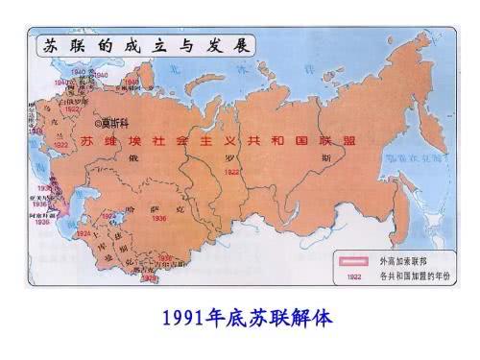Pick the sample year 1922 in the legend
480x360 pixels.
point(354,277)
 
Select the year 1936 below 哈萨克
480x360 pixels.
point(158,219)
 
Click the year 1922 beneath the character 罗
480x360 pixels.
point(231,171)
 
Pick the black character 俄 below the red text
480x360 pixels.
point(159,160)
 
